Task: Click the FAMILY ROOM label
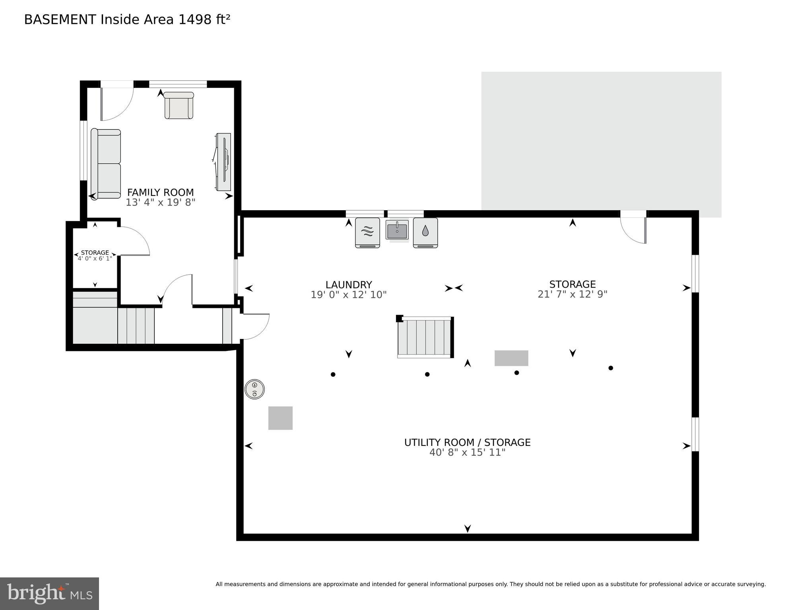click(160, 192)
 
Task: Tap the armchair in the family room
click(179, 105)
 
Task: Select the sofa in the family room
click(106, 164)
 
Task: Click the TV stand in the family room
click(223, 162)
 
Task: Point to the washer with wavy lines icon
click(367, 232)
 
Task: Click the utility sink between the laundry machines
click(397, 230)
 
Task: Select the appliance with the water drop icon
click(425, 232)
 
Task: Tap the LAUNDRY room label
click(348, 285)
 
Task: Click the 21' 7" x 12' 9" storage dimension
click(572, 294)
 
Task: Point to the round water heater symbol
click(254, 389)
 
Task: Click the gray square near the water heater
click(280, 418)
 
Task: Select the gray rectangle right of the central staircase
click(511, 358)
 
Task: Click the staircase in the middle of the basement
click(425, 337)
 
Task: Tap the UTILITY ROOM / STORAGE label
click(467, 442)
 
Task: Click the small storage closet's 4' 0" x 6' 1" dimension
click(95, 258)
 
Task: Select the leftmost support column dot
click(333, 374)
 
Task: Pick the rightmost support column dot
click(611, 368)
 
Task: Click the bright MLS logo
click(49, 593)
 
